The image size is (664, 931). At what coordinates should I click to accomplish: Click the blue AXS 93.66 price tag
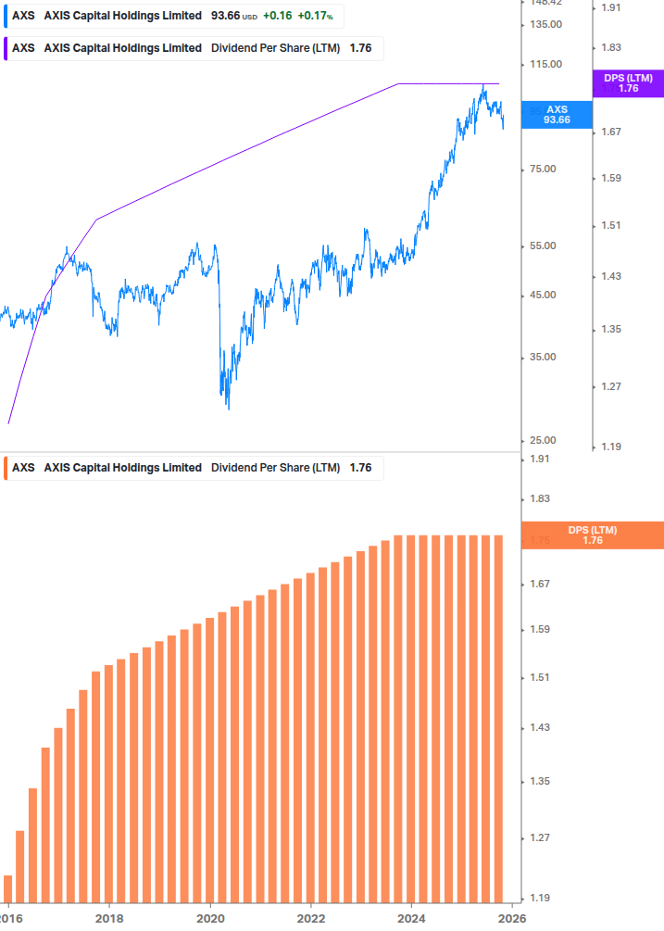557,114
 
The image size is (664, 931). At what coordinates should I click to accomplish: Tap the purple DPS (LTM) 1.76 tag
628,83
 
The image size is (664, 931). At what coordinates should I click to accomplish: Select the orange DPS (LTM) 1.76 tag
593,535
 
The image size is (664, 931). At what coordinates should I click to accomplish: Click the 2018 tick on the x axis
109,917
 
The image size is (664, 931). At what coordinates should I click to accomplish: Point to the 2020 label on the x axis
210,917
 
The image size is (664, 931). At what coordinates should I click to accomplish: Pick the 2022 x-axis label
311,917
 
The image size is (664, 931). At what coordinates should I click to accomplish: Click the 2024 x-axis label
411,917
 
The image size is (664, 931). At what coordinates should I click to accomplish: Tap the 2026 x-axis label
512,917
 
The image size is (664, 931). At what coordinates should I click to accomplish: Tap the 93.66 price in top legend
225,17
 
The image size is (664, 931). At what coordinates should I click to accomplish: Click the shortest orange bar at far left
8,887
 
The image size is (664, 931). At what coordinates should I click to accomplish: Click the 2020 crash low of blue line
228,406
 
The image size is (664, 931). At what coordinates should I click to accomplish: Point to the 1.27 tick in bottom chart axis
540,838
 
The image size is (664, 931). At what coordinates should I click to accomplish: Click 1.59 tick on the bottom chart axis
540,630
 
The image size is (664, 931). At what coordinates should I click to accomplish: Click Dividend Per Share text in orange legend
276,468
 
